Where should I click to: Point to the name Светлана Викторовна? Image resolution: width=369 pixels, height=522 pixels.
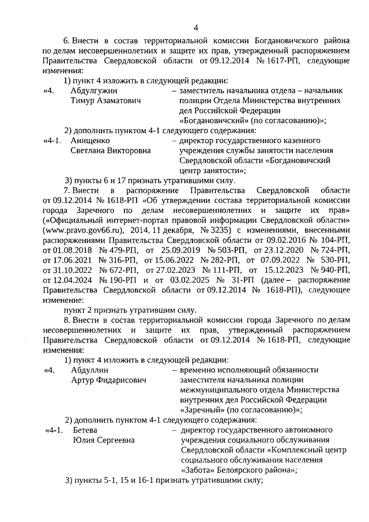110,150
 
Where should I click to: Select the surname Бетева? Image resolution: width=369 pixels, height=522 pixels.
85,430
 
